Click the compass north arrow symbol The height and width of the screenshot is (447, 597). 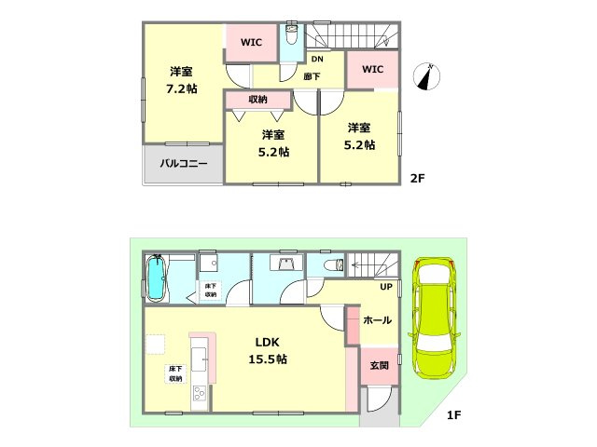click(427, 76)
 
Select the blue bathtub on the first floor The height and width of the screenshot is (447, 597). click(156, 278)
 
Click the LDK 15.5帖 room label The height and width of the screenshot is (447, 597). click(268, 350)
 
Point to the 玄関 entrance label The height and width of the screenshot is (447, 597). click(380, 365)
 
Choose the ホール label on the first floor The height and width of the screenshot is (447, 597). click(377, 320)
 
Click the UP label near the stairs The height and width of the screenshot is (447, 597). click(385, 287)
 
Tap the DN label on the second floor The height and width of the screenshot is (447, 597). click(317, 59)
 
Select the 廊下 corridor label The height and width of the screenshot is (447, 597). click(312, 76)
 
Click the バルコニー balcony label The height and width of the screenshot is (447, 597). click(184, 164)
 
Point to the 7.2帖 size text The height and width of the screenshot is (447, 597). click(182, 88)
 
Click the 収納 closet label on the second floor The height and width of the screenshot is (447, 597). click(257, 100)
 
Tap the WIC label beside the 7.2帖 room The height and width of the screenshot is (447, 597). click(251, 42)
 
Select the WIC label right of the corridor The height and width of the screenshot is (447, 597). click(373, 69)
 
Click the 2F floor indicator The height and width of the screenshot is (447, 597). click(417, 178)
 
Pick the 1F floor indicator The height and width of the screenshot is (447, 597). click(454, 414)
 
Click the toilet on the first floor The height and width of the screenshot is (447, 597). click(334, 264)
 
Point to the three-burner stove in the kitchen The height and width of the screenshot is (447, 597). click(199, 393)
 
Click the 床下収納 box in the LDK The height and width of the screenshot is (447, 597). click(175, 373)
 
